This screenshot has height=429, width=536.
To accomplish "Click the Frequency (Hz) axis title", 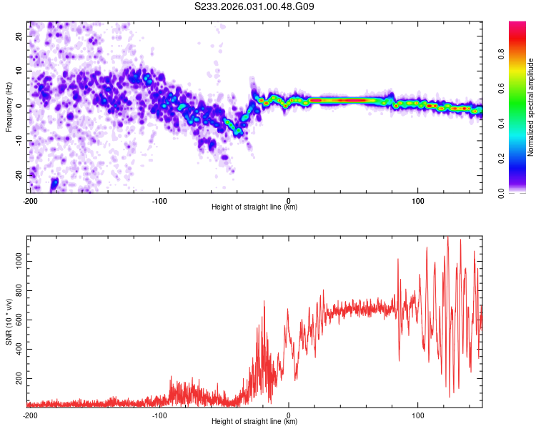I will pos(9,107).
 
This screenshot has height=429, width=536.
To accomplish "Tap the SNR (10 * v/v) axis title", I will pos(9,321).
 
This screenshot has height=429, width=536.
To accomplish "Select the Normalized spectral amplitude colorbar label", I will pos(531,107).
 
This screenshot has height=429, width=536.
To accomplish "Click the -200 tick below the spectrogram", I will pos(30,199).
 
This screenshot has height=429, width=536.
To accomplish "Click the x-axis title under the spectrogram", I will pos(254,207).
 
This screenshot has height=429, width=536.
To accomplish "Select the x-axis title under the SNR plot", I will pos(254,422).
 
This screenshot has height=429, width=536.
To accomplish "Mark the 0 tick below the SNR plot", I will pos(289,414).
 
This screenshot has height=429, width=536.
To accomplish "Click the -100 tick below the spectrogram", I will pos(159,199).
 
